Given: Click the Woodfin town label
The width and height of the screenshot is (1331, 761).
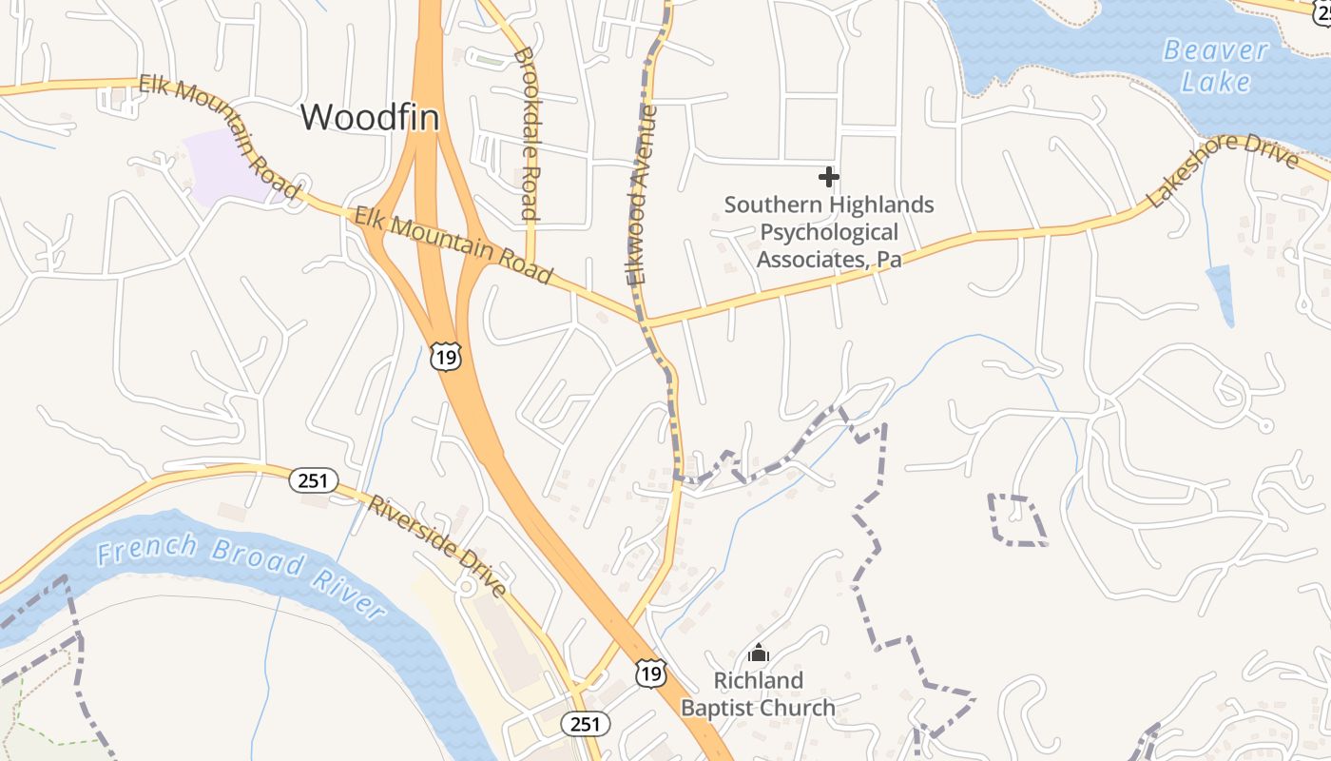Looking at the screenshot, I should [x=370, y=117].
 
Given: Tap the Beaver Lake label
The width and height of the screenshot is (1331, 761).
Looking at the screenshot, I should [x=1216, y=66].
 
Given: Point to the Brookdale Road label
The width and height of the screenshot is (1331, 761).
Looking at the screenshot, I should [x=527, y=133].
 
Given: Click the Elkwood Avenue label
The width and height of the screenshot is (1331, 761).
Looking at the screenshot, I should [x=643, y=195].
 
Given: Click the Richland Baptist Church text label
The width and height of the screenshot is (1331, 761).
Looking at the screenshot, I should [x=758, y=693].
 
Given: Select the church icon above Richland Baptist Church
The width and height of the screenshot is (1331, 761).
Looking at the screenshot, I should [x=759, y=653].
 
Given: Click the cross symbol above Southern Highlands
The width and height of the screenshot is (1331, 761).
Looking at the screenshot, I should [x=829, y=176].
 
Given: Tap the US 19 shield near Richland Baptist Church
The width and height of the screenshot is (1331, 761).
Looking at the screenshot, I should [x=651, y=673].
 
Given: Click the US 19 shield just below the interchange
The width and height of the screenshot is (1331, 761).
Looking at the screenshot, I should [x=445, y=356].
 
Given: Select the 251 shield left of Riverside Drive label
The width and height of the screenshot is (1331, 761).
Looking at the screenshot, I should [x=313, y=480].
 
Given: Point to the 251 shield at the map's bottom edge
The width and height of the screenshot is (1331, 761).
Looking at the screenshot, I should [x=585, y=724].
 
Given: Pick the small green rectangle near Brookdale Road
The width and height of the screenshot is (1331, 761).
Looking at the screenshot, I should [x=489, y=61].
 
